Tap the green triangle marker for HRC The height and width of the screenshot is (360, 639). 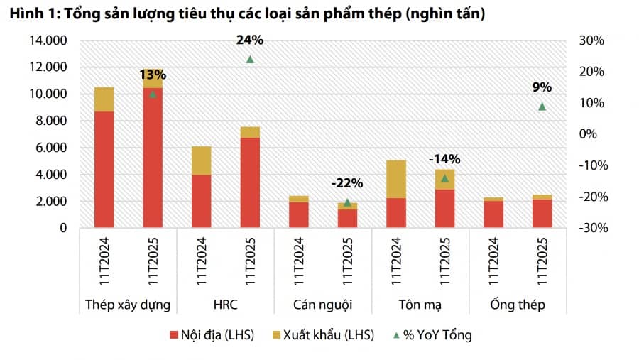(250, 59)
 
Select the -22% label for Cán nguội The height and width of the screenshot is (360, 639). (346, 183)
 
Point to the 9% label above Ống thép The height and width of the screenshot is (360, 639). (542, 87)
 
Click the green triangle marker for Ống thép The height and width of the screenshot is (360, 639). (542, 107)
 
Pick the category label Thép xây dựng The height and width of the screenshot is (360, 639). (128, 305)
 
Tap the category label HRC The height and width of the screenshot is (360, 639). (226, 305)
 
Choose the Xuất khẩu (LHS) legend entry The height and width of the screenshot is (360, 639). (319, 335)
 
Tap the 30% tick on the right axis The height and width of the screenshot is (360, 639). (591, 40)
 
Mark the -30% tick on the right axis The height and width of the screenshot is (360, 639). (589, 228)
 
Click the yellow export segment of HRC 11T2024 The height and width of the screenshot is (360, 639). (201, 160)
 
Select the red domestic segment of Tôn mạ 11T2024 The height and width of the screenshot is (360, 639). (396, 213)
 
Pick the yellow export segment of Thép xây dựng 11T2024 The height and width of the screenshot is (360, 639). (104, 99)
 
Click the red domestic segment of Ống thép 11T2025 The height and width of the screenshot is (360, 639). (542, 214)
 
